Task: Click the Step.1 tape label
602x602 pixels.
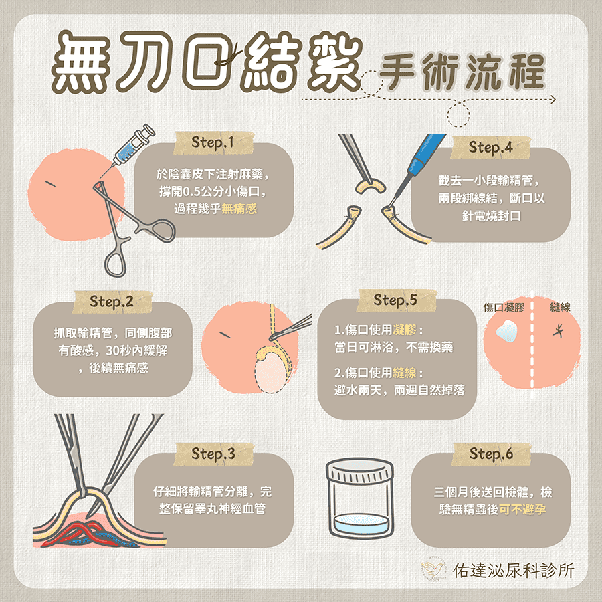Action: pos(213,143)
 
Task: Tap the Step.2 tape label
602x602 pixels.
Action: pos(112,302)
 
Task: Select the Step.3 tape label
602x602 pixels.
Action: pos(213,454)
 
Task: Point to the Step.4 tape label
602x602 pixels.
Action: pos(491,147)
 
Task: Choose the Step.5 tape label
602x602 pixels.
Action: pos(395,300)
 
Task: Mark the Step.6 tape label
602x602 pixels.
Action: pos(491,454)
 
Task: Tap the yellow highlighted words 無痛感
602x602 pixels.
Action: pos(239,209)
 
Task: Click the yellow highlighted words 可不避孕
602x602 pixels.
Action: pos(522,510)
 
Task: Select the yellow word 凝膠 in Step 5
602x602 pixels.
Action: pos(404,330)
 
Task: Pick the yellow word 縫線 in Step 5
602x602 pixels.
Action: pos(404,373)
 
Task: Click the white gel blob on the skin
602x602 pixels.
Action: pos(506,331)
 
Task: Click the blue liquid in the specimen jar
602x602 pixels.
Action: pos(360,523)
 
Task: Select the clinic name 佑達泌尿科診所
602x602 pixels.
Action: pos(513,571)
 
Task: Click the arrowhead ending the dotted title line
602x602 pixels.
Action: pos(553,100)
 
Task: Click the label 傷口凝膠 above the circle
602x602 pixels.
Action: pos(503,307)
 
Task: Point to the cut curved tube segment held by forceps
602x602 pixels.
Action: pos(369,185)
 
